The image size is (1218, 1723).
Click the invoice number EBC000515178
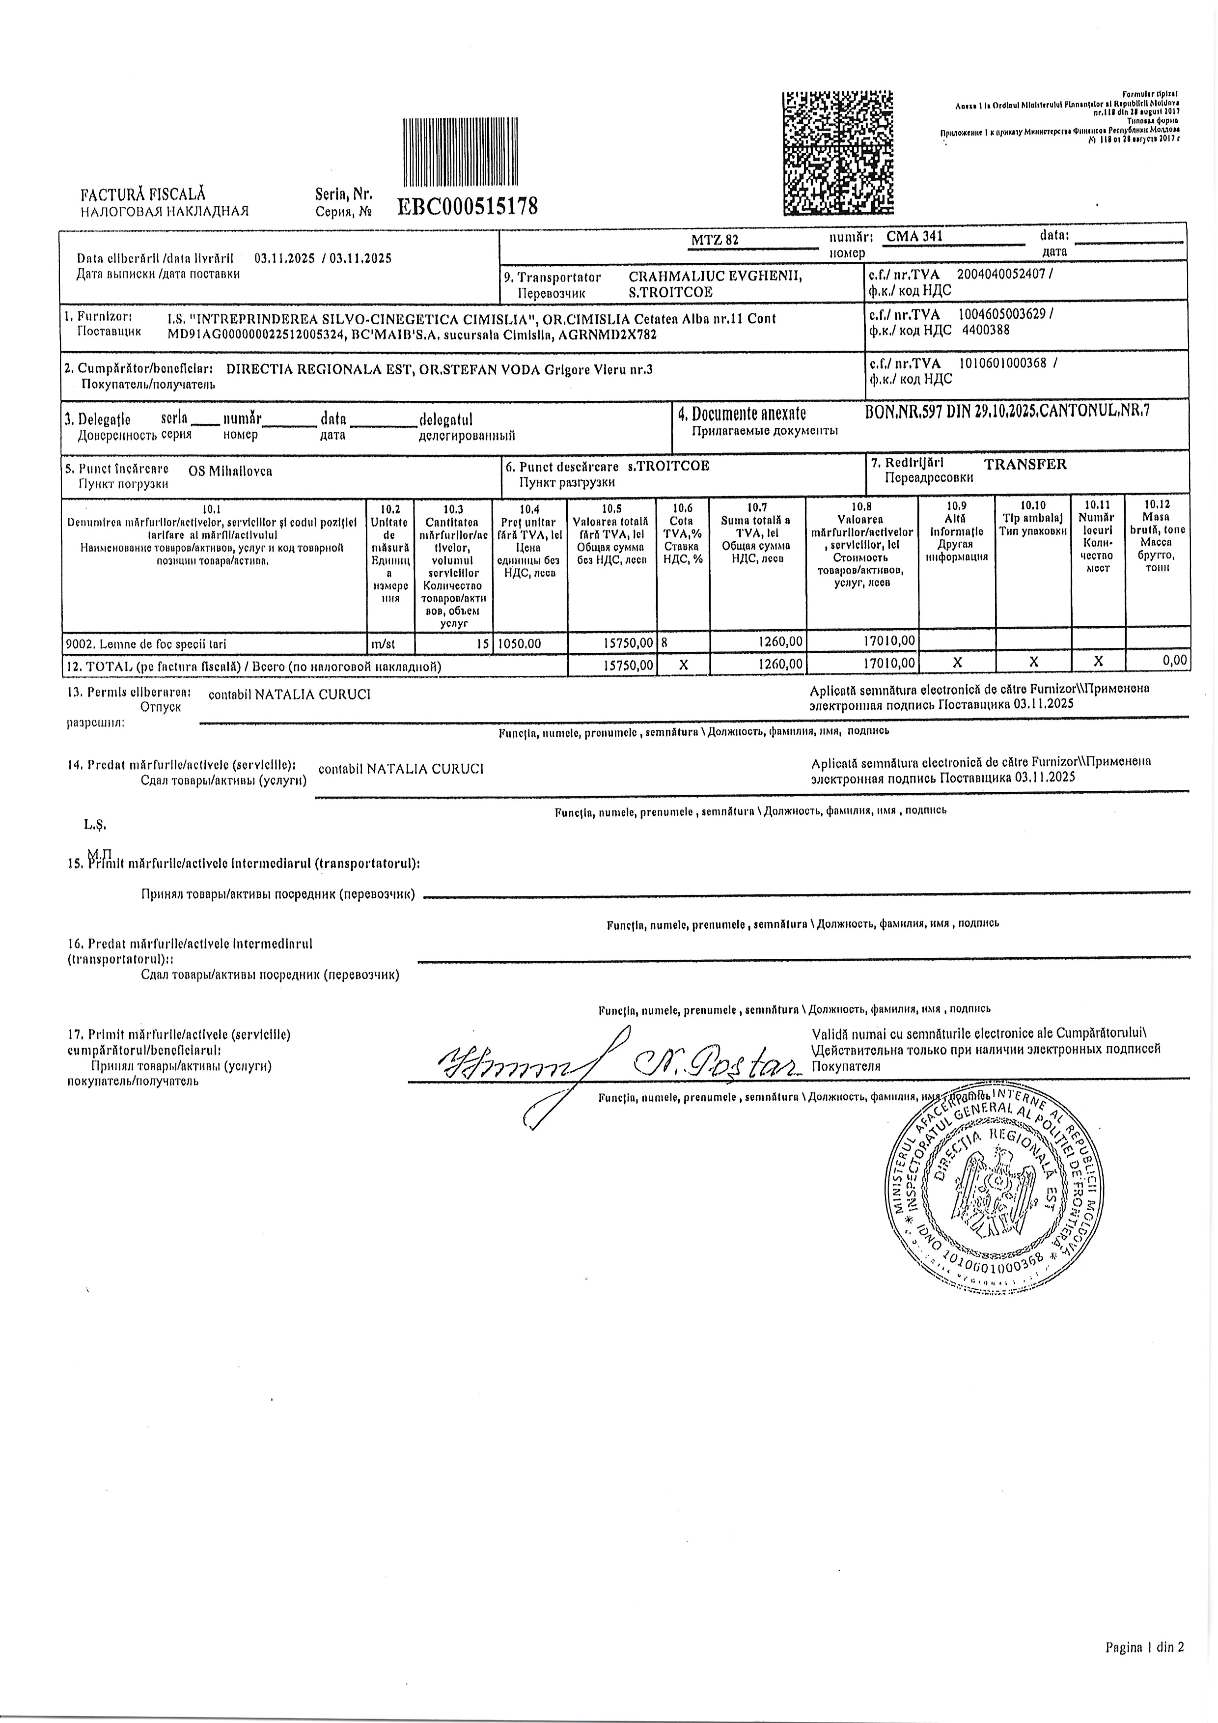click(x=468, y=206)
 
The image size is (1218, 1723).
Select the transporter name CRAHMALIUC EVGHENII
click(x=715, y=276)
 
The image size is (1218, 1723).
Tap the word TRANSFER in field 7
click(x=1025, y=464)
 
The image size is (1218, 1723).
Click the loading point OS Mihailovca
click(x=230, y=472)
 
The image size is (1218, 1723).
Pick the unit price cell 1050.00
click(x=519, y=643)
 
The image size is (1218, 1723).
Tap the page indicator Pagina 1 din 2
click(x=1144, y=1647)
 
